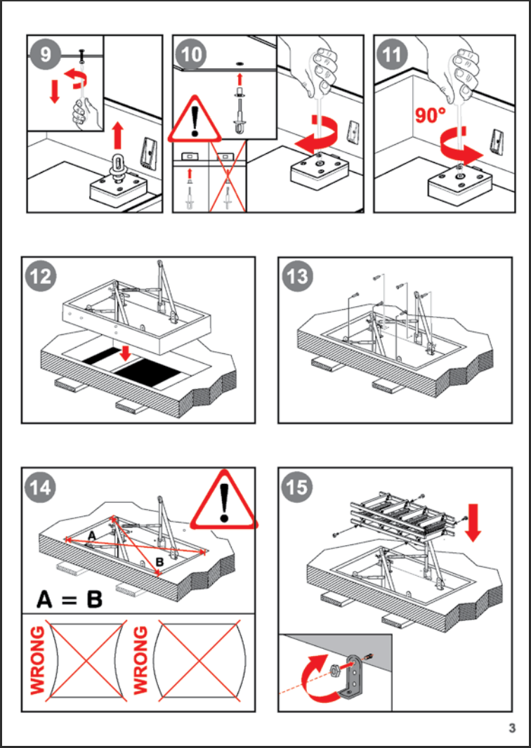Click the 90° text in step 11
(x=430, y=115)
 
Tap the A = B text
(x=70, y=599)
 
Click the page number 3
(x=513, y=728)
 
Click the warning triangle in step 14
(x=224, y=501)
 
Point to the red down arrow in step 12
(x=125, y=350)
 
